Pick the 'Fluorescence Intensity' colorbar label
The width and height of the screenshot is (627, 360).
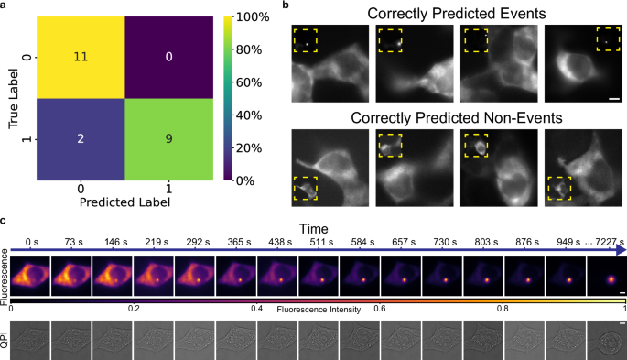[311, 309]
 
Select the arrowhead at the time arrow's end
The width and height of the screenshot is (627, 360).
[622, 249]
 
